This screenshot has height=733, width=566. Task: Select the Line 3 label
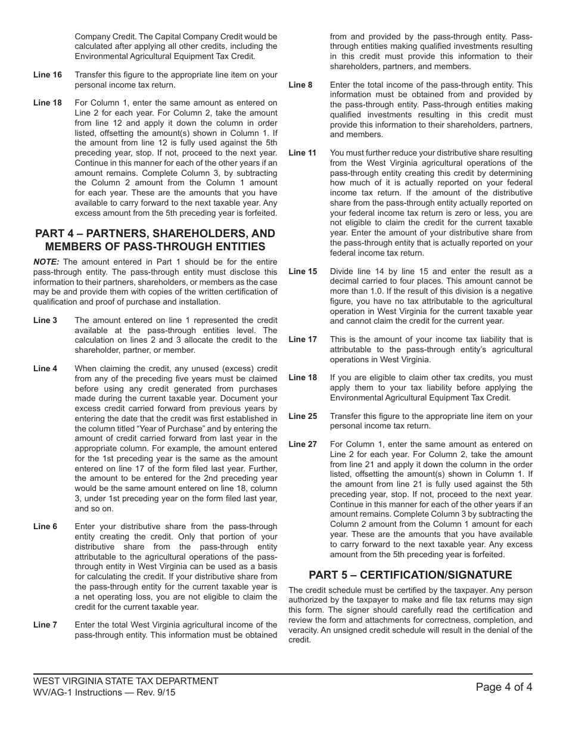[x=45, y=321]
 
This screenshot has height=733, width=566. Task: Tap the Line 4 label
[x=45, y=369]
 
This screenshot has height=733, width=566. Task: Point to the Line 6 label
[x=45, y=527]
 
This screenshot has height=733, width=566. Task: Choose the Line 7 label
[x=45, y=625]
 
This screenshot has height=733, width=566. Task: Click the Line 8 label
[x=300, y=85]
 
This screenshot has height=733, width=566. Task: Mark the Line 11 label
[x=303, y=153]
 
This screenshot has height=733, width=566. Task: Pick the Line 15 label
[x=303, y=272]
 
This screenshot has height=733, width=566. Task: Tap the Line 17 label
[x=303, y=340]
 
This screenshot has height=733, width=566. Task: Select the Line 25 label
[x=303, y=417]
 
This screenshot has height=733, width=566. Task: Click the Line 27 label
[x=303, y=445]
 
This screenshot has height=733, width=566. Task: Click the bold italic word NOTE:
[x=46, y=262]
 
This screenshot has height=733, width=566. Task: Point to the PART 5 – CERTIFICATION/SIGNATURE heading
[x=410, y=575]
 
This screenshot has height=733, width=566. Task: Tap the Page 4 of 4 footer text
[x=504, y=687]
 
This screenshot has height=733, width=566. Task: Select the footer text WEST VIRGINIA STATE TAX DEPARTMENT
[x=126, y=681]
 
